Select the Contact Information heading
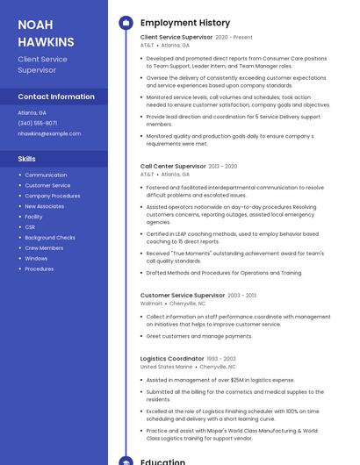(x=56, y=97)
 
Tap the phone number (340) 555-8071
(x=38, y=123)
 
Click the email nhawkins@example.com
(x=49, y=133)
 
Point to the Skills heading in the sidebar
(x=27, y=159)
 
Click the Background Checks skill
(x=50, y=238)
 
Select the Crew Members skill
(x=44, y=248)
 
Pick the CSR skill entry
(x=31, y=227)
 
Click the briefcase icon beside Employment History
(x=126, y=22)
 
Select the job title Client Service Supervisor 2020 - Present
(x=176, y=37)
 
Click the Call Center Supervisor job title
(x=173, y=166)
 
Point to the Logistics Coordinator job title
(x=172, y=358)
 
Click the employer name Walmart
(x=152, y=304)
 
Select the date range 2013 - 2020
(x=223, y=166)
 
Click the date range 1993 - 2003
(x=221, y=358)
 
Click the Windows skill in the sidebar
(x=36, y=259)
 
